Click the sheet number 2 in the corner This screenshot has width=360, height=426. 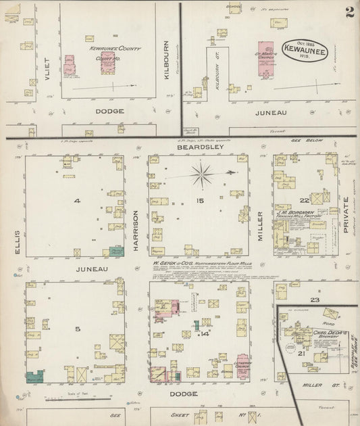349,12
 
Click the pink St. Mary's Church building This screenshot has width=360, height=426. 267,58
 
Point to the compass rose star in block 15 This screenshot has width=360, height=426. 202,175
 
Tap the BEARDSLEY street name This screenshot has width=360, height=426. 195,147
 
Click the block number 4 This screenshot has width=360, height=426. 78,201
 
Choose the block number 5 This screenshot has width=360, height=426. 78,329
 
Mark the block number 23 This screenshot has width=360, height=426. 314,299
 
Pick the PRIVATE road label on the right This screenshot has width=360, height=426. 346,210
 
